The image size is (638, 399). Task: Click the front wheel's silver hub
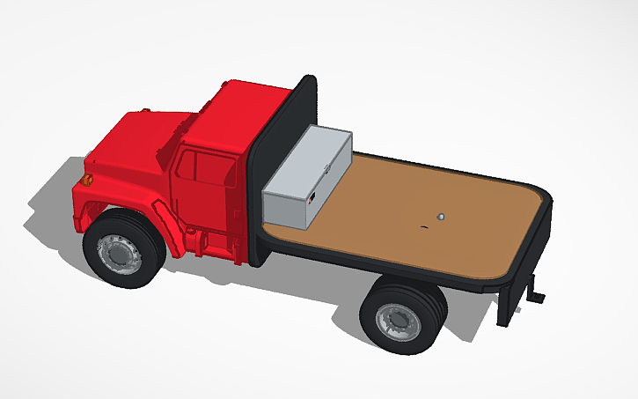[118, 254]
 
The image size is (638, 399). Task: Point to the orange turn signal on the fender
[86, 180]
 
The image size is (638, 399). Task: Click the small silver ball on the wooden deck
[441, 215]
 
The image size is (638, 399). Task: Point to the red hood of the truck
[132, 141]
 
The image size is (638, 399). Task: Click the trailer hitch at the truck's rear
[534, 291]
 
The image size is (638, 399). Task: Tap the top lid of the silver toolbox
[312, 146]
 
